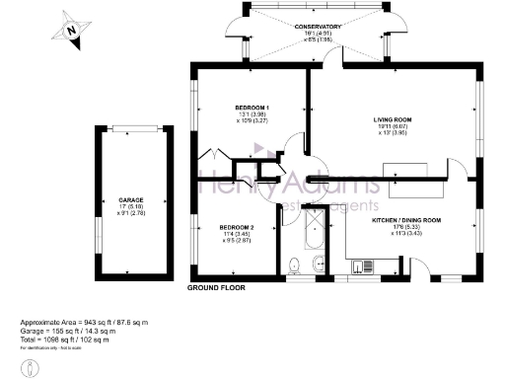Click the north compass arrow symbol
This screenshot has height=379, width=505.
(x=72, y=31)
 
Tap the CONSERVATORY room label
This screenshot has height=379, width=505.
(x=317, y=27)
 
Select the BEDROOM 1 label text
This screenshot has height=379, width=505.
(x=252, y=107)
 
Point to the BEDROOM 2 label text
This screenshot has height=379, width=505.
(x=237, y=228)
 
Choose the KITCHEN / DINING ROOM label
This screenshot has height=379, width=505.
(x=405, y=220)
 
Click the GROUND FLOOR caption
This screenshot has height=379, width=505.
(x=216, y=287)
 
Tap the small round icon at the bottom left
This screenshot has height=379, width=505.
(x=32, y=364)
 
